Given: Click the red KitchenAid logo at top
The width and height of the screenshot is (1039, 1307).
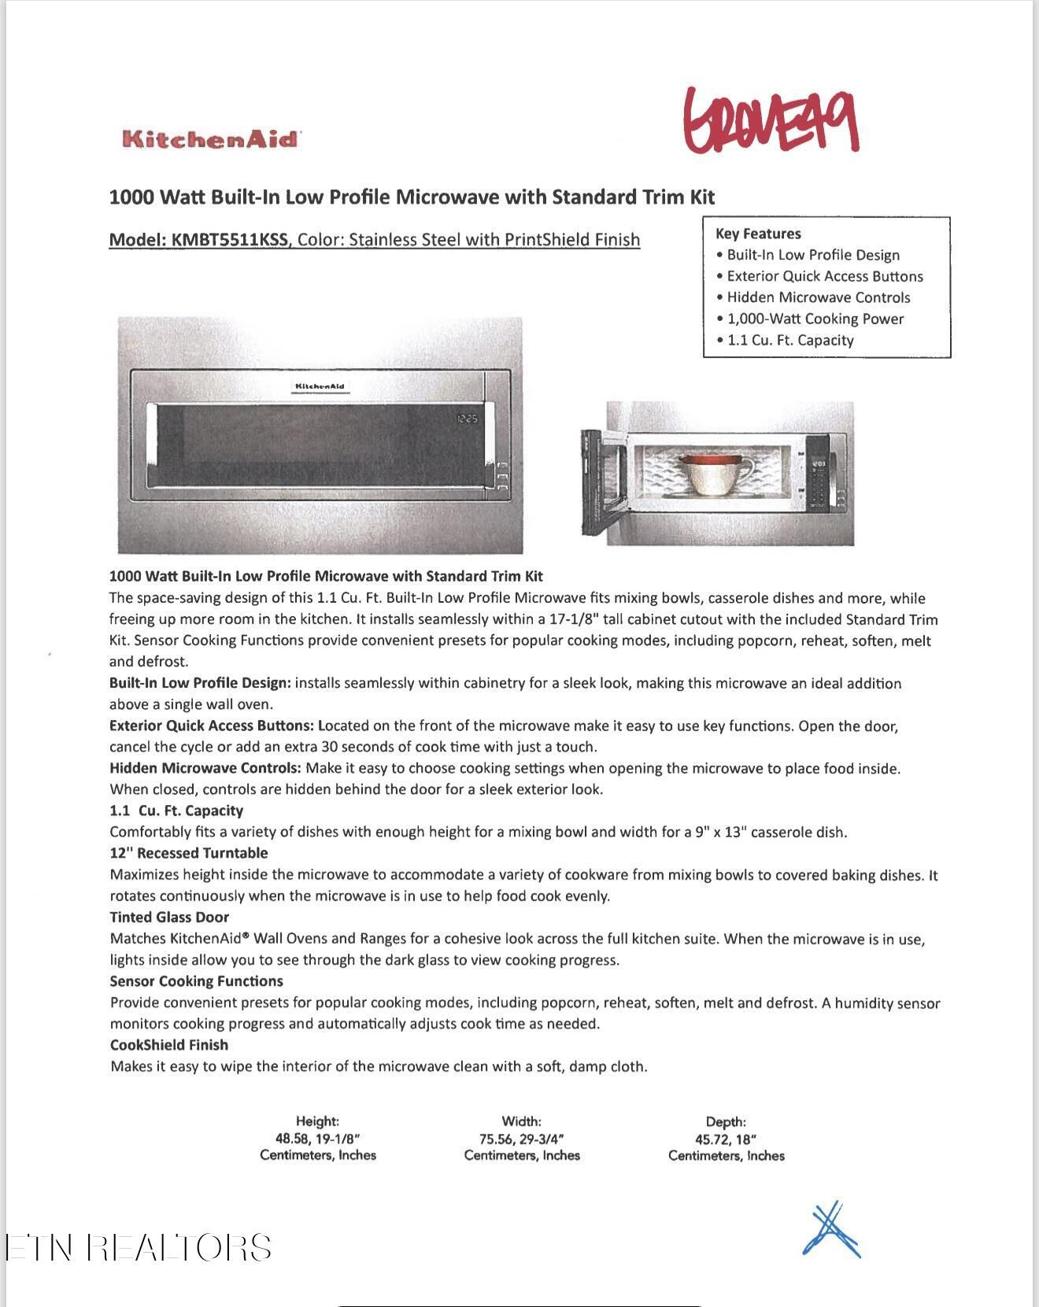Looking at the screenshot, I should [211, 139].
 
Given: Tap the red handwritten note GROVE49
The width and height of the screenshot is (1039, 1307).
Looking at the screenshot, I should [771, 120].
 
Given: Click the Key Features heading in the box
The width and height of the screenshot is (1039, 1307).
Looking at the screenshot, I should [758, 234].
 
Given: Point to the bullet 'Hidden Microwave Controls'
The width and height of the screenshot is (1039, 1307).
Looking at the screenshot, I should [818, 297].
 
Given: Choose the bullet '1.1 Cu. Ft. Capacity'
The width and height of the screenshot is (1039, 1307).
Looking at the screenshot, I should [789, 340].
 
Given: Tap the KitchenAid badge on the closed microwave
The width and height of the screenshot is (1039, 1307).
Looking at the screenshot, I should [320, 386].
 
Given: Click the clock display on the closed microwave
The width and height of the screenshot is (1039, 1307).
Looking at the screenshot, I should [467, 419].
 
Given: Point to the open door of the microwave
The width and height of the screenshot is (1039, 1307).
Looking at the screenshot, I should [602, 476].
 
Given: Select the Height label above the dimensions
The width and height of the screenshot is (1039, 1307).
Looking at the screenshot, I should [317, 1121].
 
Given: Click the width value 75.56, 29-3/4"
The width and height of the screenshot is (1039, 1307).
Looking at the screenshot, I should [522, 1139].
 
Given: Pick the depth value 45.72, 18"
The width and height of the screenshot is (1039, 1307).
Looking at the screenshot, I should [726, 1139].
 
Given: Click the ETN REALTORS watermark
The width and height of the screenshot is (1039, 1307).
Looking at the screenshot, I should [139, 1248].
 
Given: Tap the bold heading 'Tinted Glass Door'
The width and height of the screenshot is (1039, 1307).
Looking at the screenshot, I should [169, 917].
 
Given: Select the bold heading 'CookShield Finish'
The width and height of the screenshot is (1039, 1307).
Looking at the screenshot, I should [169, 1045].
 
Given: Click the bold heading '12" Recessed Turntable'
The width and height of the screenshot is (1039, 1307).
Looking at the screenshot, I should [189, 853].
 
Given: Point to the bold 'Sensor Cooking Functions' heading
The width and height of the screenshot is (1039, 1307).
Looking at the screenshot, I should [197, 981].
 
